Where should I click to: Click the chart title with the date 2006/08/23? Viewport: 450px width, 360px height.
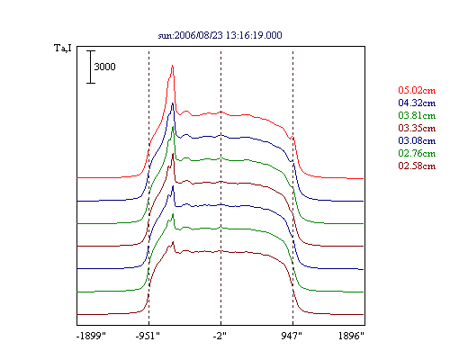pos(220,35)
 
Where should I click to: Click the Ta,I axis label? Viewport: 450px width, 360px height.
pos(63,48)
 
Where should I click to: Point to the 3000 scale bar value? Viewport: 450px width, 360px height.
pos(104,67)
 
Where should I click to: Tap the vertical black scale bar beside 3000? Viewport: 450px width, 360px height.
pos(91,67)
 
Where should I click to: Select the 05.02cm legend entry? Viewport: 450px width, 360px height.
pos(417,90)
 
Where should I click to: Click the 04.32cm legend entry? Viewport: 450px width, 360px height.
pos(417,103)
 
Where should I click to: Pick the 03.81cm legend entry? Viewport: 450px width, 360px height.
pos(417,115)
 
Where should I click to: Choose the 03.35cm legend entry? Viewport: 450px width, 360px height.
pos(417,128)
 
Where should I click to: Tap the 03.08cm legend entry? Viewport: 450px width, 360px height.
pos(417,140)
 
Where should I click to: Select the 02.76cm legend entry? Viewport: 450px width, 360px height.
pos(417,153)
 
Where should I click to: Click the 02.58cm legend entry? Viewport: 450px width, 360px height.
pos(417,166)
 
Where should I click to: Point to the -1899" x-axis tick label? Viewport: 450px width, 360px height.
pos(91,336)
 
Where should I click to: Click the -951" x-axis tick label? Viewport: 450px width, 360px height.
pos(148,336)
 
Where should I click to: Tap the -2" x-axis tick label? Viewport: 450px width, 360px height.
pos(220,336)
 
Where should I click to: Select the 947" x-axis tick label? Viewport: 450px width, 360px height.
pos(292,336)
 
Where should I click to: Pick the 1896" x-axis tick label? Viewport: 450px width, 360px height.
pos(351,336)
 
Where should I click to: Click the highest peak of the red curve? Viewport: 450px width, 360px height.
pos(172,66)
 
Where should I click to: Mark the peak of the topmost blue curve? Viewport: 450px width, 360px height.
pos(173,103)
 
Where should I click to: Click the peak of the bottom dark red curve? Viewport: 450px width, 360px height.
pos(173,242)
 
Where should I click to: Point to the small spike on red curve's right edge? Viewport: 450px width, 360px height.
pos(293,138)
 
